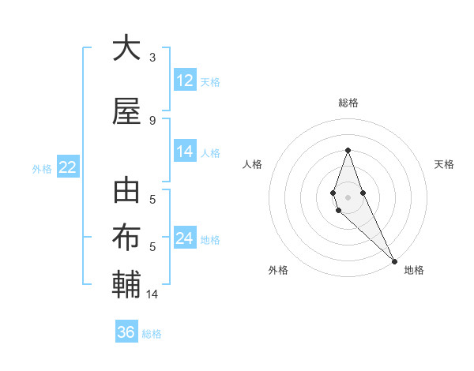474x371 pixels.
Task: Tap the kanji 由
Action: click(x=126, y=193)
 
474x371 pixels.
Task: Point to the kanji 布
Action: click(x=126, y=238)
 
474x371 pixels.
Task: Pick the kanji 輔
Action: click(x=126, y=284)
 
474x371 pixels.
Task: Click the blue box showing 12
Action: click(x=185, y=81)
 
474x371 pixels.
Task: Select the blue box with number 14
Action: click(x=185, y=152)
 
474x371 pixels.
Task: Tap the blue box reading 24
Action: click(x=185, y=239)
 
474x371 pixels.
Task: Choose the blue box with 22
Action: click(x=67, y=167)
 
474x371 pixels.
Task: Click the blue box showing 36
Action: click(x=126, y=332)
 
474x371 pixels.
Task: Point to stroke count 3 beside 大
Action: click(x=152, y=58)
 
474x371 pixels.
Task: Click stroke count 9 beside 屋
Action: click(x=152, y=120)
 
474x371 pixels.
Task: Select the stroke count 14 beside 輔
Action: click(x=152, y=294)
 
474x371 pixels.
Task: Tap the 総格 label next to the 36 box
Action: click(x=152, y=334)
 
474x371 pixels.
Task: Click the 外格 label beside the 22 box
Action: click(x=42, y=168)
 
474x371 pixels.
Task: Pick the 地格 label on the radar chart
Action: click(x=414, y=270)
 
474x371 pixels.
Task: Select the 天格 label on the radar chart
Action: click(x=444, y=164)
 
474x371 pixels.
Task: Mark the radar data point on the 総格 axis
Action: click(x=348, y=150)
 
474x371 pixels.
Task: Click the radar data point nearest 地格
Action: click(x=394, y=261)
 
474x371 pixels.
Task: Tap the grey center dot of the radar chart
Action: click(x=348, y=197)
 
